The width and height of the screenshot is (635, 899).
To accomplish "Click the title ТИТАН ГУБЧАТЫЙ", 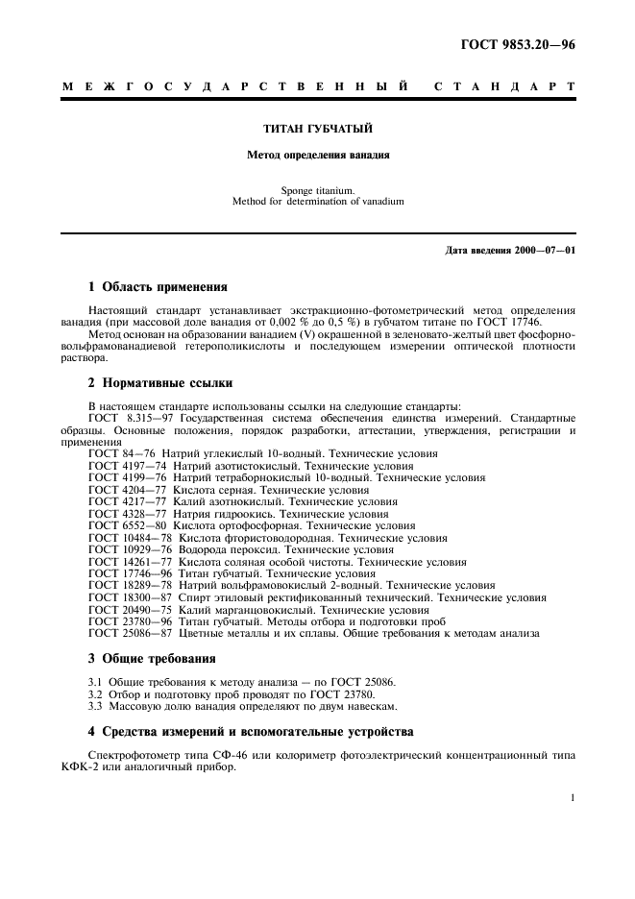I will (318, 128).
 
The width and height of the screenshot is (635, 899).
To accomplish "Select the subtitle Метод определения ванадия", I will (318, 154).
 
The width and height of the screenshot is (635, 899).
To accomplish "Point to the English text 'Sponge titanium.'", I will (318, 190).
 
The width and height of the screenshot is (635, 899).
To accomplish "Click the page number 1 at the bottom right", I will (572, 797).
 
